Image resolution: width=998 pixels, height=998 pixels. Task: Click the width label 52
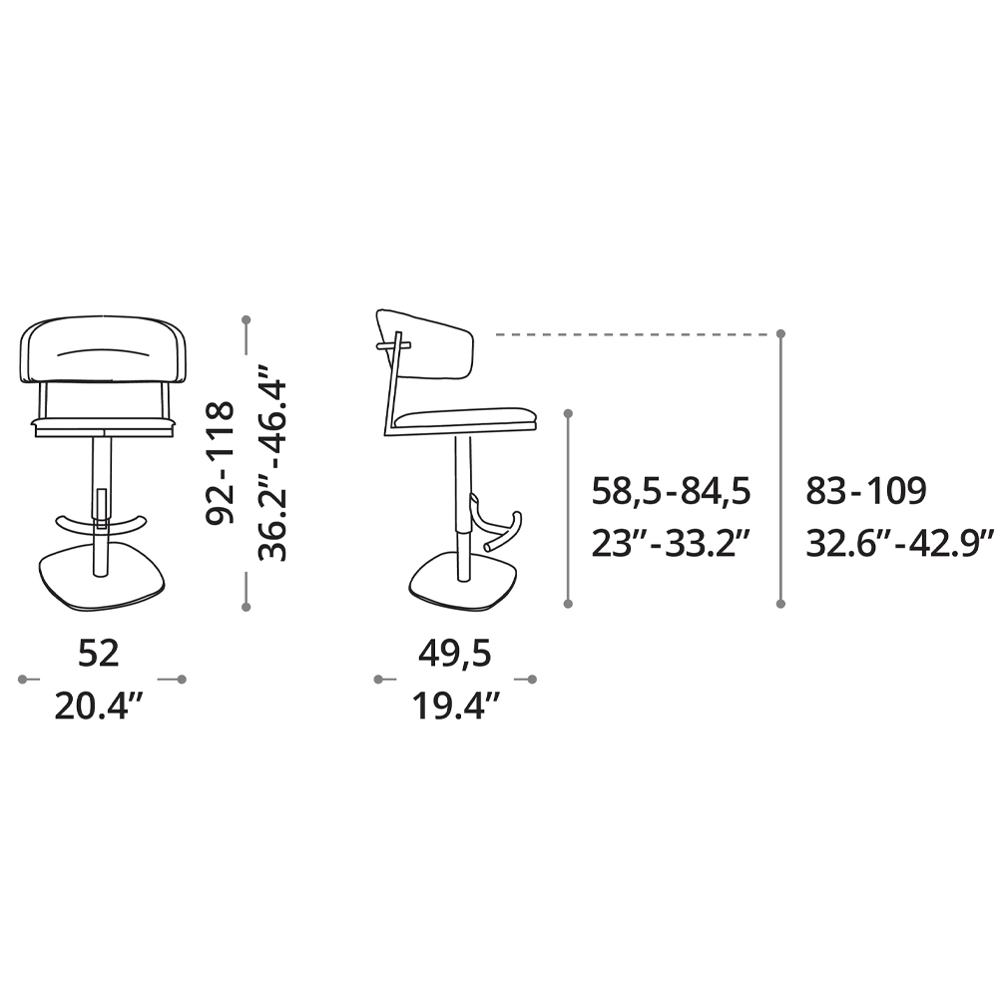pos(99,654)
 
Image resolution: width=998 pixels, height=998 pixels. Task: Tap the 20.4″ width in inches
pos(99,706)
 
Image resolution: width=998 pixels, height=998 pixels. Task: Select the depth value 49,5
pos(454,655)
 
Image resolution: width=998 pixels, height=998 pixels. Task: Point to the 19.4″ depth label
pos(456,706)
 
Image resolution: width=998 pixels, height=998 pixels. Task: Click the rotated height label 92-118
pos(221,463)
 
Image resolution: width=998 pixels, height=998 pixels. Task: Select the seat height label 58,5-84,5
pos(671,492)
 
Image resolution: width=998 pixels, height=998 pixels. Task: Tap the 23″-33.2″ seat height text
pos(672,543)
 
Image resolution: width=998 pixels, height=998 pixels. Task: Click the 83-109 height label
pos(865,491)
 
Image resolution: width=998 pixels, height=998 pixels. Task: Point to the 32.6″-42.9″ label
pos(899,543)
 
